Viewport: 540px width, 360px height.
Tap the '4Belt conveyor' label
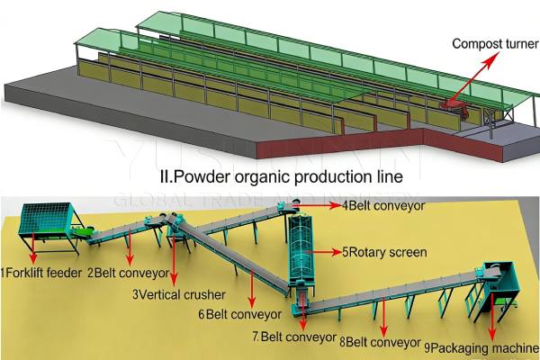pyautogui.click(x=384, y=205)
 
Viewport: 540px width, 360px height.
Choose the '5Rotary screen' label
pyautogui.click(x=384, y=252)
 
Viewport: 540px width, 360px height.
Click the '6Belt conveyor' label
pyautogui.click(x=240, y=314)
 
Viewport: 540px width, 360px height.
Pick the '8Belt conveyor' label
pyautogui.click(x=380, y=342)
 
